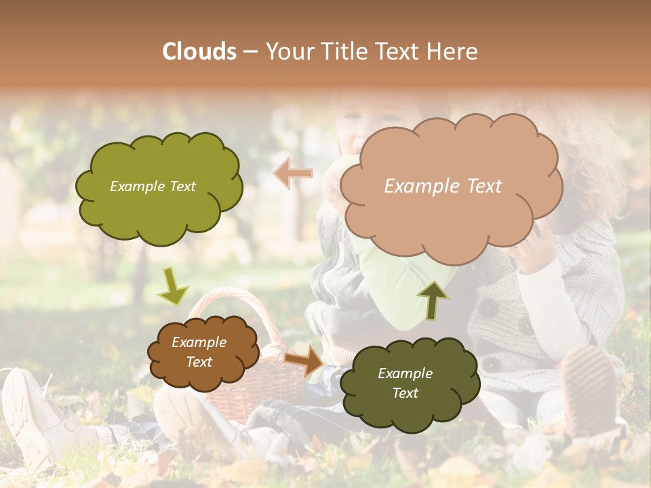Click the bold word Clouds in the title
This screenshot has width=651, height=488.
[199, 52]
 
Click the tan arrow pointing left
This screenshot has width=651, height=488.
[293, 174]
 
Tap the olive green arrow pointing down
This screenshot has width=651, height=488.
[173, 286]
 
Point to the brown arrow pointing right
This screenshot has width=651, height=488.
[304, 360]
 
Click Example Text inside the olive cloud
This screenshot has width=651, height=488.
[153, 186]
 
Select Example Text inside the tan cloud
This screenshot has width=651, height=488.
[443, 186]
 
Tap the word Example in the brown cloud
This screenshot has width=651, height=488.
[199, 342]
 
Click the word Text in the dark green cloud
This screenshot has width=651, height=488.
[405, 393]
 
